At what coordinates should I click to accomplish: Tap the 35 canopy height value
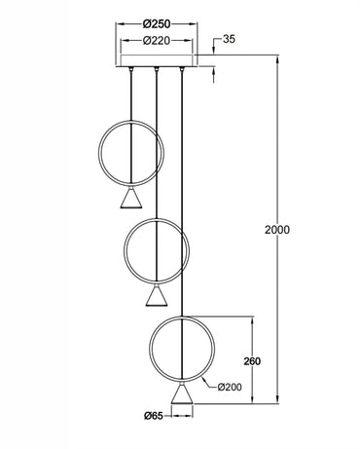tap(229, 41)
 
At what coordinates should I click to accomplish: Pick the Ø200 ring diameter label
tap(231, 387)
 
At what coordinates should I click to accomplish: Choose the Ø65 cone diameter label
tap(154, 416)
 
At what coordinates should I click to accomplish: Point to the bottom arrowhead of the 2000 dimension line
tap(277, 399)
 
